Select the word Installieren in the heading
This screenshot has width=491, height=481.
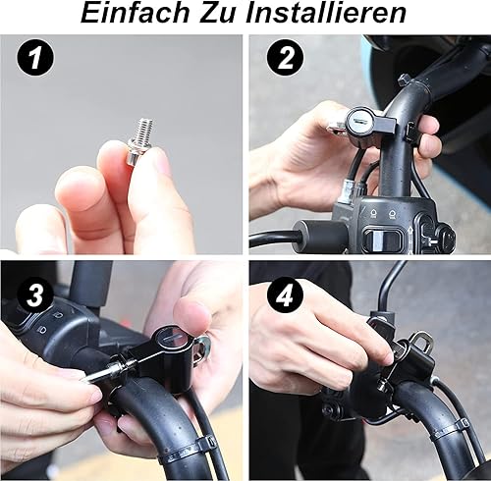pyautogui.click(x=330, y=15)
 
